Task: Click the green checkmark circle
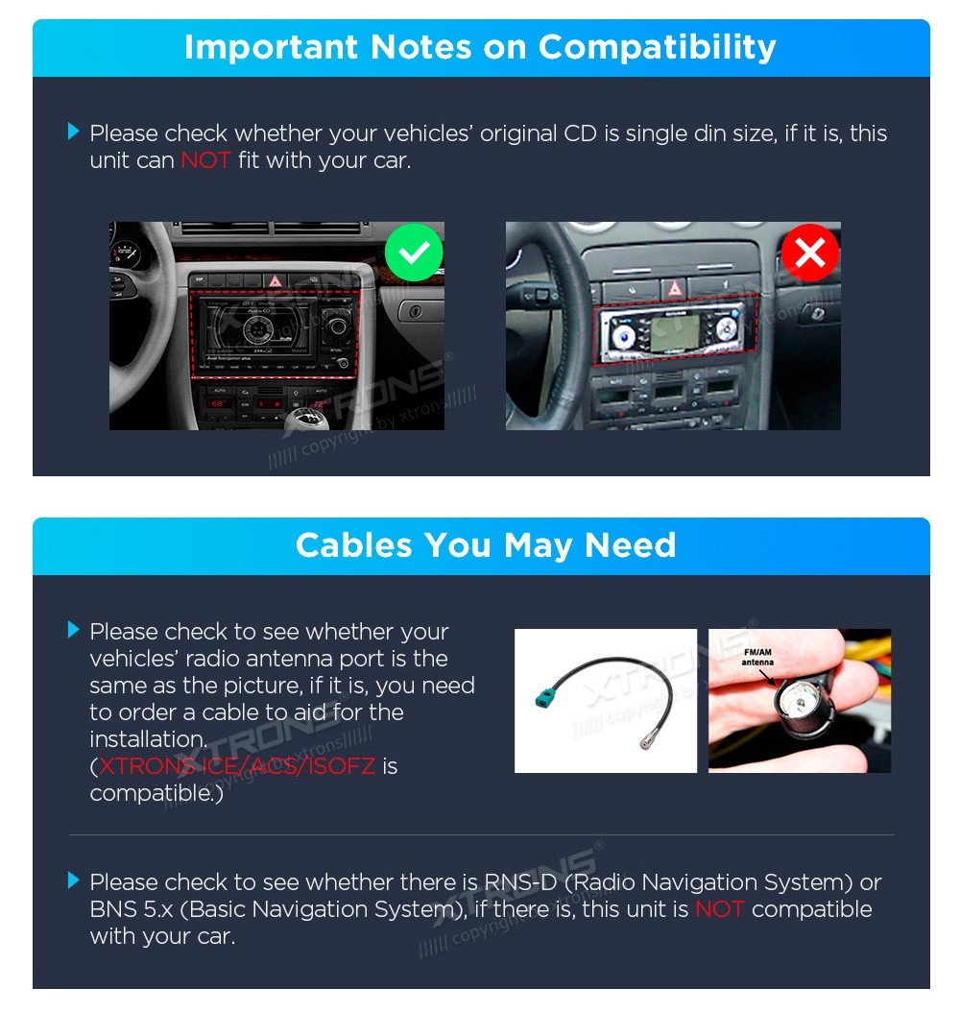414,252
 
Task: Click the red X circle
810,252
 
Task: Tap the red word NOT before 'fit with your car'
205,160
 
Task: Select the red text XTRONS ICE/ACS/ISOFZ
237,766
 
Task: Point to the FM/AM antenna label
757,657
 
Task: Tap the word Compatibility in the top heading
657,48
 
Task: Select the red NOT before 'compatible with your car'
720,909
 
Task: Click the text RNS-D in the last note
520,881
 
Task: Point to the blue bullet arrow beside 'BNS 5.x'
74,880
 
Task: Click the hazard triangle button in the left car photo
276,280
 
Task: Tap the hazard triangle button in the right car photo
674,288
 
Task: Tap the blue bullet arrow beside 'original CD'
74,132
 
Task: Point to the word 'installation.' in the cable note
149,739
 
